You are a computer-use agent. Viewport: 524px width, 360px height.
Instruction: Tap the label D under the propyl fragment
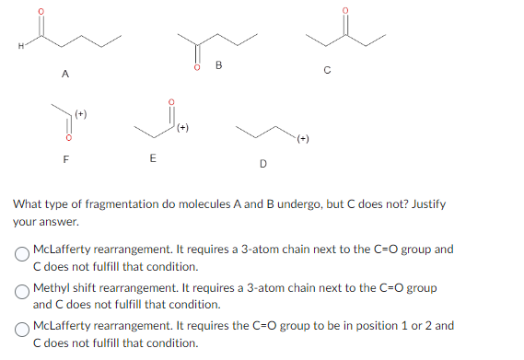tap(262, 165)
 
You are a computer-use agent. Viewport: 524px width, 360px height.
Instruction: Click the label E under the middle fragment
tap(152, 158)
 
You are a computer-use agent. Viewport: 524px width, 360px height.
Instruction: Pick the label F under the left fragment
tap(64, 158)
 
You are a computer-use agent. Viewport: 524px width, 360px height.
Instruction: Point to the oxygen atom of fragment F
tap(64, 139)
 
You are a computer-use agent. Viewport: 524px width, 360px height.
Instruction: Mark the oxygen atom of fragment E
tap(169, 102)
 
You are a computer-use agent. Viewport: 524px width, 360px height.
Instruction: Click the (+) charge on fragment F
tap(79, 115)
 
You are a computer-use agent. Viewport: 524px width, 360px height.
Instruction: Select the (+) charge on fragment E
tap(183, 127)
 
